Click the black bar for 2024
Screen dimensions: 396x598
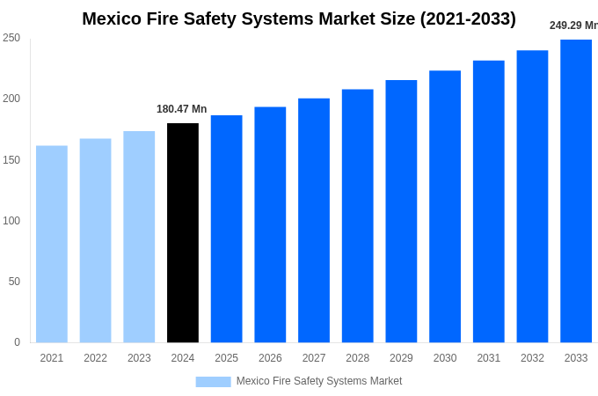183,233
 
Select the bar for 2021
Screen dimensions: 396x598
52,244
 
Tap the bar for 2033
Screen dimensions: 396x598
576,191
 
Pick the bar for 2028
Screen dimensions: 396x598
357,216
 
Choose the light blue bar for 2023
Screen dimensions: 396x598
139,237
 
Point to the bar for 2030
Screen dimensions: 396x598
445,207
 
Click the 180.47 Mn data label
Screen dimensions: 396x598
181,109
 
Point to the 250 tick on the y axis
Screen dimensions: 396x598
11,38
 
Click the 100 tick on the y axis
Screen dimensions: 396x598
11,221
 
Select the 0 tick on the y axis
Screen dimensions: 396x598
17,342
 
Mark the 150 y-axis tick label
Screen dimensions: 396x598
11,160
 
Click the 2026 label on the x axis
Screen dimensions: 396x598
270,358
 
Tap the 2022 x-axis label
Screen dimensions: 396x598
95,358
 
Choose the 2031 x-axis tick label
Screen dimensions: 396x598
489,358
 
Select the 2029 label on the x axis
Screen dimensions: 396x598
401,358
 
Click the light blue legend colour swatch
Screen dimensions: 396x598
213,382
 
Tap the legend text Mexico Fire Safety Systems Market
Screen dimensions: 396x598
319,381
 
